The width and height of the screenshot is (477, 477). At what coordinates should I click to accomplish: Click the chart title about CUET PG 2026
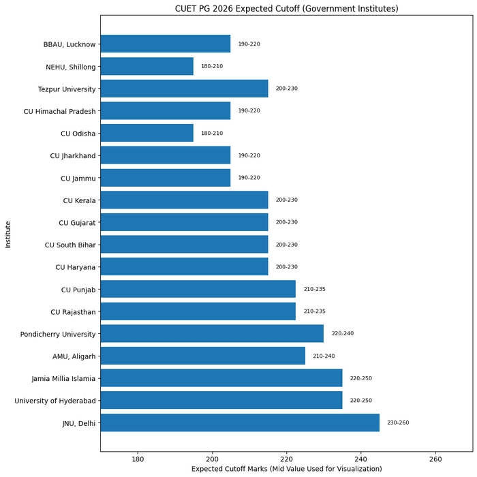coord(286,9)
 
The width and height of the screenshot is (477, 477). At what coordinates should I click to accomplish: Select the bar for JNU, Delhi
coord(239,422)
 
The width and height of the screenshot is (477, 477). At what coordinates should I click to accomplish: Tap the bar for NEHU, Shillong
coord(147,66)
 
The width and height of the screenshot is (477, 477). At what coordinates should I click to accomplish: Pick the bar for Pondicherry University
coord(211,334)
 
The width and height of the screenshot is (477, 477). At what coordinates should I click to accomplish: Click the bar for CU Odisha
coord(147,133)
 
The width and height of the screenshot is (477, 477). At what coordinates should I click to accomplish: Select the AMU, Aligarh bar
coord(202,356)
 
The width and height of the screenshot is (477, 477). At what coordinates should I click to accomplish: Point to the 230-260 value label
coord(398,422)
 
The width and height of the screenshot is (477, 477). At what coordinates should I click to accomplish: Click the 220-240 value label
coord(342,334)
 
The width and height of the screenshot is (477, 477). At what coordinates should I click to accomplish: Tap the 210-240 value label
coord(324,356)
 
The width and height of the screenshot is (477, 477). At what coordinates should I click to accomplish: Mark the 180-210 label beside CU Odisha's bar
coord(211,134)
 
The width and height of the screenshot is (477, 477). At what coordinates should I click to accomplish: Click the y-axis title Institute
coord(8,233)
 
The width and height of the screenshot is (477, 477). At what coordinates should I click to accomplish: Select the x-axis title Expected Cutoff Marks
coord(286,470)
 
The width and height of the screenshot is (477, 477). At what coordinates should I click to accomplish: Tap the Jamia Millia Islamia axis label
coord(63,379)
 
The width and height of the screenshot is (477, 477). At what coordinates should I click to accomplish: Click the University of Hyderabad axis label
coord(55,401)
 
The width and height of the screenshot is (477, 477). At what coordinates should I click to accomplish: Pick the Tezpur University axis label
coord(67,89)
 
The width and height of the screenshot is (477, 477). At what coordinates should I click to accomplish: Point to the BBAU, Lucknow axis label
coord(70,44)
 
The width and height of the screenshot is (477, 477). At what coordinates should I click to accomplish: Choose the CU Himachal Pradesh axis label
coord(60,111)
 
